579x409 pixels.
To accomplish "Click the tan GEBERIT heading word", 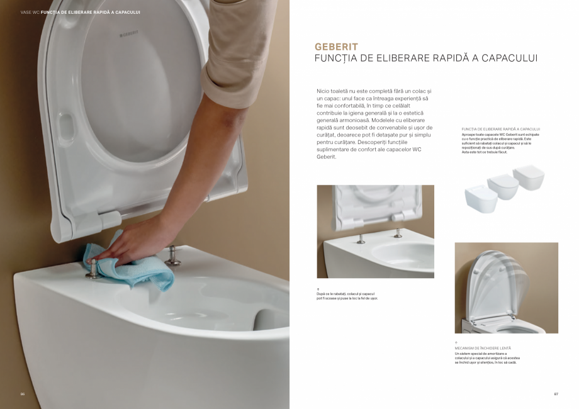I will point(336,47).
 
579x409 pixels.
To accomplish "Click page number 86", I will point(22,394).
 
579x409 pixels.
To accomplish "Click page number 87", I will point(556,394).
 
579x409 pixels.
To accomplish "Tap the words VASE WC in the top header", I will point(30,12).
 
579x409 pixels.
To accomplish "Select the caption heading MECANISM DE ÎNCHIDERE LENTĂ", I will point(483,348).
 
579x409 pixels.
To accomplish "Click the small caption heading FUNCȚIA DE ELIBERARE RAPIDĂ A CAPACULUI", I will point(501,129).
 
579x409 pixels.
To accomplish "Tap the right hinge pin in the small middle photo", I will point(398,233).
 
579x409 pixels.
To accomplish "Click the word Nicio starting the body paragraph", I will point(323,91).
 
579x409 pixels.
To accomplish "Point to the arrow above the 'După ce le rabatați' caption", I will point(318,288).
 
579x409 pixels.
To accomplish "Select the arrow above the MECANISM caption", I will point(456,343).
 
